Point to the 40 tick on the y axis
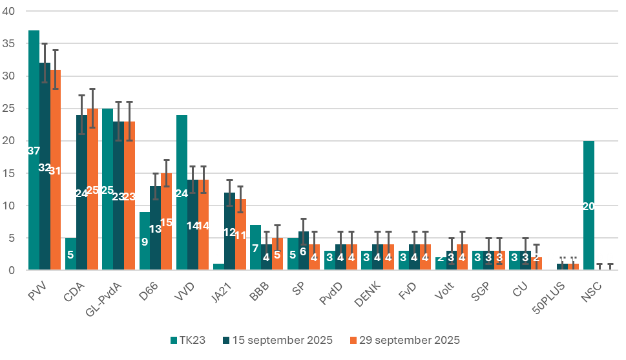coord(12,11)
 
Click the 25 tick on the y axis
coord(12,109)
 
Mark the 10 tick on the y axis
coord(12,206)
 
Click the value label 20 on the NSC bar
coord(588,206)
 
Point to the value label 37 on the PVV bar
coord(34,151)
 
